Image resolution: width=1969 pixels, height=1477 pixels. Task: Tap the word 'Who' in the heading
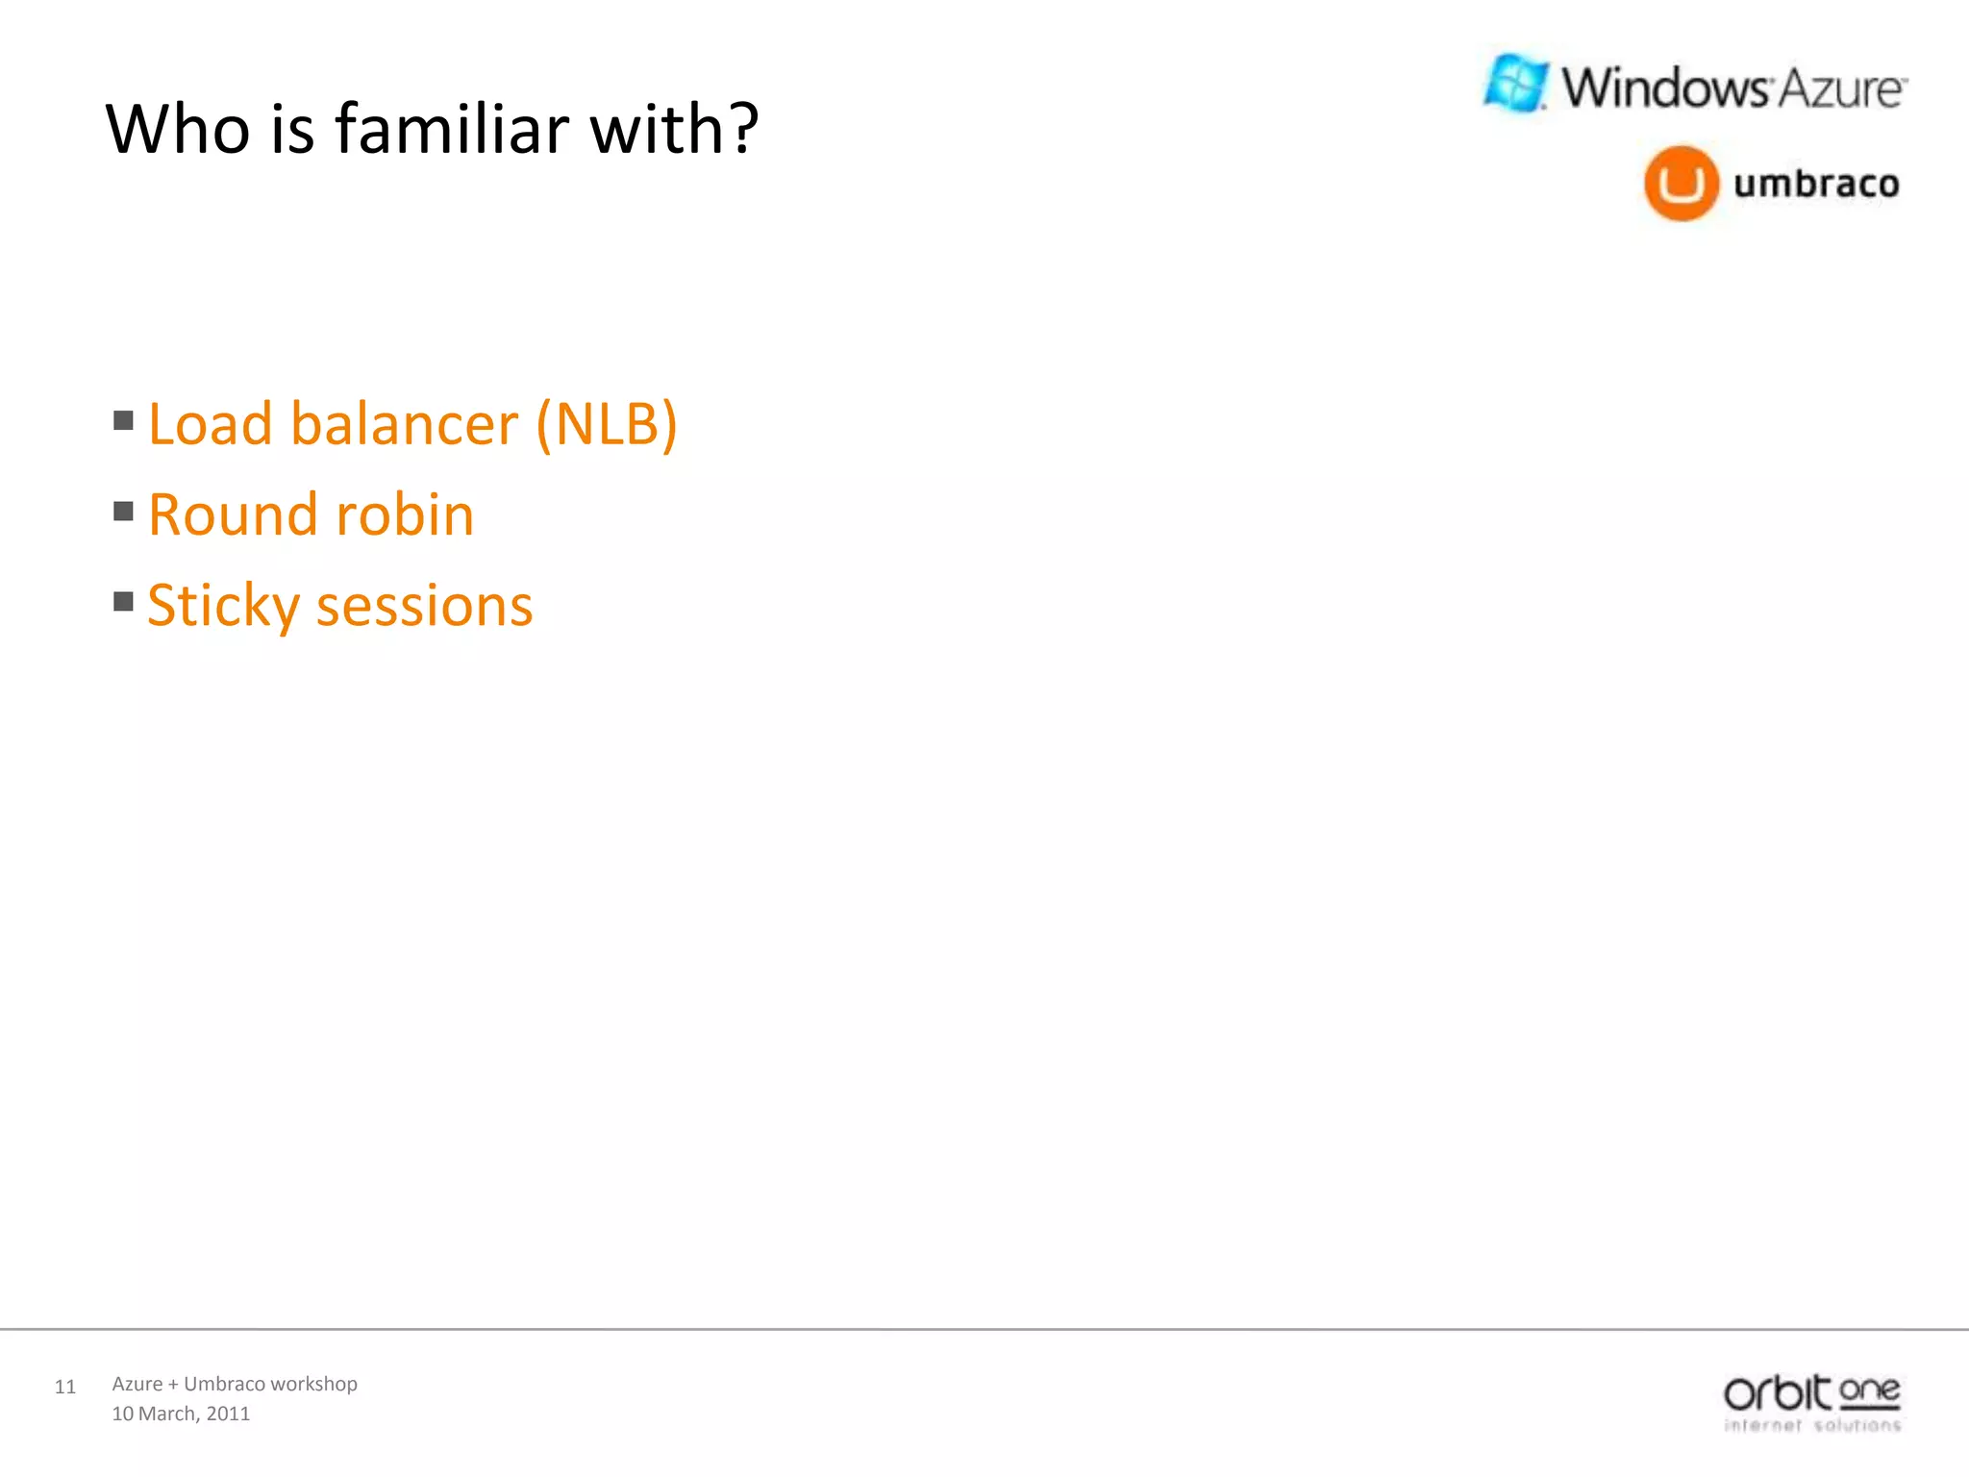coord(178,129)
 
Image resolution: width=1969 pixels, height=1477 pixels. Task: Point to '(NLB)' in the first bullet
coord(607,424)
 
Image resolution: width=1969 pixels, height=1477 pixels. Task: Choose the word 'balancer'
coord(405,424)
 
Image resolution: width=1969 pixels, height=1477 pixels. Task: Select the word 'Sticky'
coord(223,606)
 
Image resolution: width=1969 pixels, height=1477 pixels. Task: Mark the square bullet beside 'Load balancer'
coord(123,420)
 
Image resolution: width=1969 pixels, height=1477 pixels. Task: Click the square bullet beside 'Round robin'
coord(123,511)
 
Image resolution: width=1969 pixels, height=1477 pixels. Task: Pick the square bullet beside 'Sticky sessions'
coord(123,601)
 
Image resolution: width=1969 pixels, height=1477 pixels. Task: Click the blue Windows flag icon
coord(1516,84)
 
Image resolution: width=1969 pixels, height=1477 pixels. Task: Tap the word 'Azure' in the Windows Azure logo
coord(1838,89)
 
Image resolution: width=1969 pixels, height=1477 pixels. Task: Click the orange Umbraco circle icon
coord(1681,183)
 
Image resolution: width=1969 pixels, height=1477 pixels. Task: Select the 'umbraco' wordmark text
coord(1816,183)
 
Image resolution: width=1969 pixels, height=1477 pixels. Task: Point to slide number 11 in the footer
coord(65,1387)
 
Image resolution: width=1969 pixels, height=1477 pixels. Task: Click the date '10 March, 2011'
coord(181,1414)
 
